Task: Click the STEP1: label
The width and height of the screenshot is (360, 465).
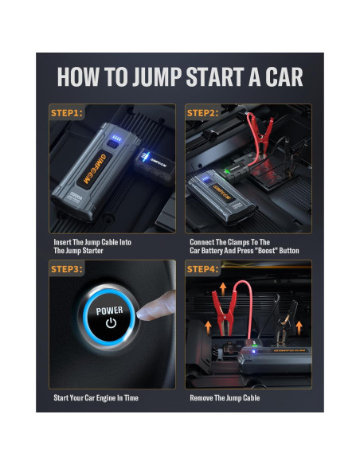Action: click(67, 113)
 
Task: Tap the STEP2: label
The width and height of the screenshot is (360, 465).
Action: click(203, 113)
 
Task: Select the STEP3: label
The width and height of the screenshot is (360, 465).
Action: click(67, 269)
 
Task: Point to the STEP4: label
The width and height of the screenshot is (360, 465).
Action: click(203, 269)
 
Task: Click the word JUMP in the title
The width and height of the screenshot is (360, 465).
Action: click(157, 76)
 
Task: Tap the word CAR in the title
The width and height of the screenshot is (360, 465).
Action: click(284, 76)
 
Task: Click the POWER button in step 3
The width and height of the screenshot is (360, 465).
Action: click(110, 317)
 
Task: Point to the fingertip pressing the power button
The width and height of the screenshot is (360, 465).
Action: click(142, 314)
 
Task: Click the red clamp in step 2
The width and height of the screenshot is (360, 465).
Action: click(260, 134)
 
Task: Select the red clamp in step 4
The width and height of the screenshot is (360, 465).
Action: click(225, 311)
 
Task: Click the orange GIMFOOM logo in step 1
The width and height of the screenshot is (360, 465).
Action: click(95, 169)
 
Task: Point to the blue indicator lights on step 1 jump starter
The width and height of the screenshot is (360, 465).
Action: click(116, 138)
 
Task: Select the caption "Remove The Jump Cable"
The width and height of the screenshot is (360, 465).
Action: click(225, 398)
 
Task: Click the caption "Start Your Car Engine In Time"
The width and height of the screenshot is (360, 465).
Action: click(96, 398)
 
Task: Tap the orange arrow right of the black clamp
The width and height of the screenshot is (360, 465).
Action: click(299, 328)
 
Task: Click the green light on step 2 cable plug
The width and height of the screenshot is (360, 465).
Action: click(228, 171)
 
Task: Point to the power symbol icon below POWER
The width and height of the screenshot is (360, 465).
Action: click(111, 322)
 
